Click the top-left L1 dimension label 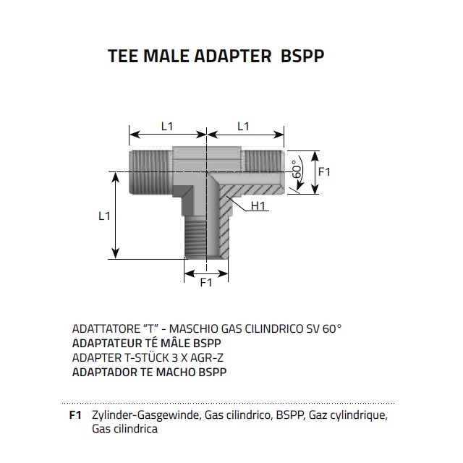167,126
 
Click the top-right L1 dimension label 243,126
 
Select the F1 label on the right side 324,172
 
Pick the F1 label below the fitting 206,282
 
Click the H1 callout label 260,207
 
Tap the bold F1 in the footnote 74,415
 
